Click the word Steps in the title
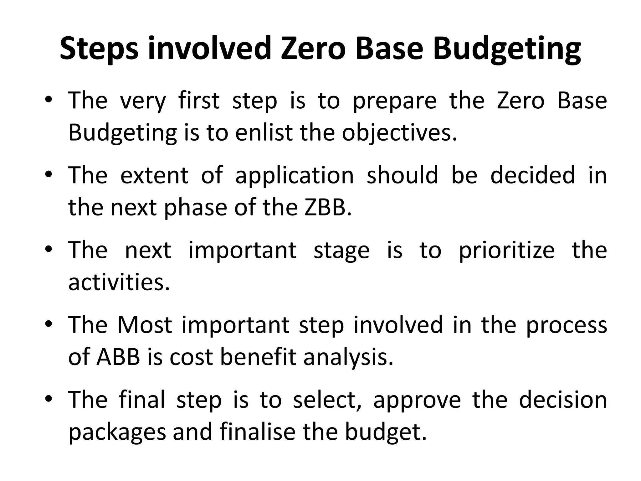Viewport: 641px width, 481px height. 99,49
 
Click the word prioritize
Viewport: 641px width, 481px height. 507,251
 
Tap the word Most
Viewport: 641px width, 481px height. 145,325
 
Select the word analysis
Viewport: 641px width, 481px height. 348,358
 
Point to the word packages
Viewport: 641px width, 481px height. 117,432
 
